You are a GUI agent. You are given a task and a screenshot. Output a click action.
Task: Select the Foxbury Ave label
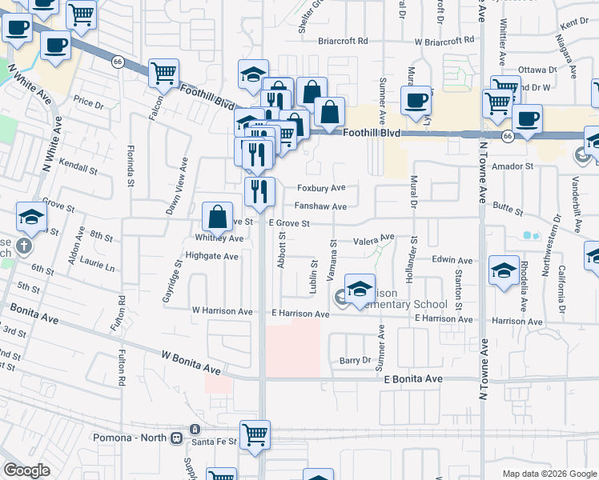click(x=321, y=188)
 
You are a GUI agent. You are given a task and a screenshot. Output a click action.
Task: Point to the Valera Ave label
click(x=375, y=238)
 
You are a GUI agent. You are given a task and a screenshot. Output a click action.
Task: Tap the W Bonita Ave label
click(x=191, y=353)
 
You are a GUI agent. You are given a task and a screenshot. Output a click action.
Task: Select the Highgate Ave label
click(x=212, y=257)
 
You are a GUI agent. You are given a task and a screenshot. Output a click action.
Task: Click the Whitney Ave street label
click(x=219, y=238)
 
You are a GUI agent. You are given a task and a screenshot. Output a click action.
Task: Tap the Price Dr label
click(x=89, y=103)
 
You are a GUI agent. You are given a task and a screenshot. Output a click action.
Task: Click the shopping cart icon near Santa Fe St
click(x=255, y=435)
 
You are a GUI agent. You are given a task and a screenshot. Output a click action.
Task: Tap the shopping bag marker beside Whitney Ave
click(x=218, y=216)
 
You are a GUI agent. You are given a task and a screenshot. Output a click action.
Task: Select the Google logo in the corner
click(x=26, y=470)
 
